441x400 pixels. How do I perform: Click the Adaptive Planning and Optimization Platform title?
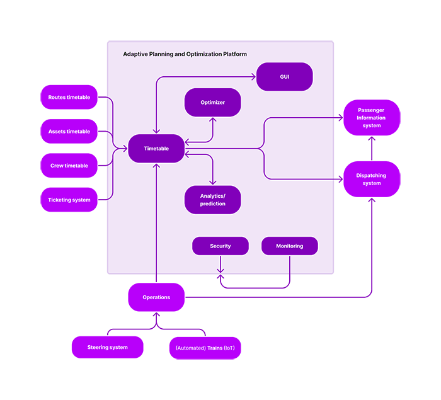tap(185, 55)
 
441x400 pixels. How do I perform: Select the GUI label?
tap(285, 77)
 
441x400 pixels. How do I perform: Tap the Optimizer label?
tap(212, 103)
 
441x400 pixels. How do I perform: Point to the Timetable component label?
tap(156, 149)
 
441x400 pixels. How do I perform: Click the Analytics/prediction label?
tap(212, 200)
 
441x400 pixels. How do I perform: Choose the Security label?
tap(220, 246)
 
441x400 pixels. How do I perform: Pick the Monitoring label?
tap(289, 246)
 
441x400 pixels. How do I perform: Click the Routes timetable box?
tap(69, 98)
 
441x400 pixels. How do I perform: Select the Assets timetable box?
tap(69, 132)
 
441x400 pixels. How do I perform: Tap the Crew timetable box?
tap(69, 166)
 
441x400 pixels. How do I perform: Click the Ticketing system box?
tap(69, 200)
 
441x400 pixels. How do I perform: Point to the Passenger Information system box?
tap(371, 118)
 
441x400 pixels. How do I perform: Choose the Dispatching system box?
tap(371, 180)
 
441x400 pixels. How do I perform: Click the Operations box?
tap(156, 297)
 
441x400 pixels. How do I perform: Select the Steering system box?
tap(107, 348)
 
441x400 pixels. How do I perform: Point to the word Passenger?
tap(371, 110)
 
